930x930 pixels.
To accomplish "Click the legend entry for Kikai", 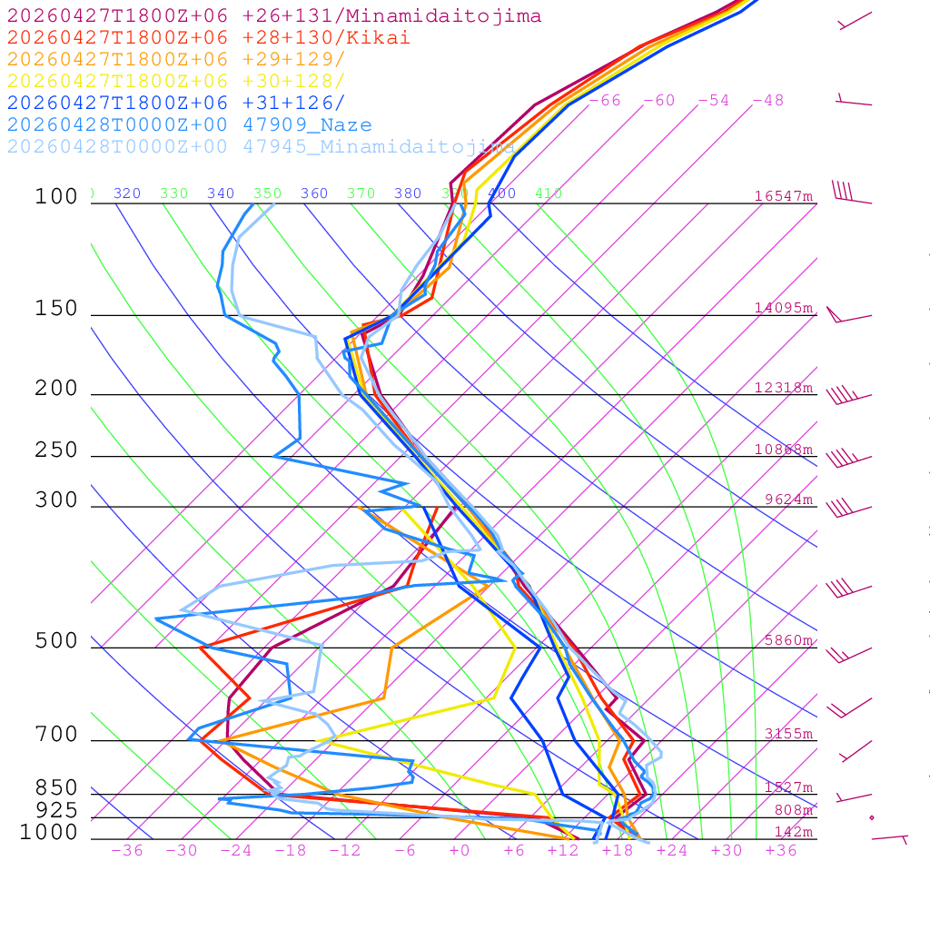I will [x=208, y=38].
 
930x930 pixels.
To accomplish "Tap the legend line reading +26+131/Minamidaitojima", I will [x=274, y=16].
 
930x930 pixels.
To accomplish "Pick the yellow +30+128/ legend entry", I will [x=176, y=82].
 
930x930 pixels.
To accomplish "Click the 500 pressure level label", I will [x=56, y=641].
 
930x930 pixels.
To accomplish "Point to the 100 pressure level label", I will [x=56, y=197].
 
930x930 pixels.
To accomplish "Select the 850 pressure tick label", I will [x=56, y=788].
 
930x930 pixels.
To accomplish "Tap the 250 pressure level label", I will [x=56, y=450].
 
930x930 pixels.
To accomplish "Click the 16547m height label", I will [x=783, y=196].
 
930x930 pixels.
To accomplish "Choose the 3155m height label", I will [x=787, y=734].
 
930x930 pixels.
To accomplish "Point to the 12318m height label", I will [x=783, y=388].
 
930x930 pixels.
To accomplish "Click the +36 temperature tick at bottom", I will [x=781, y=850].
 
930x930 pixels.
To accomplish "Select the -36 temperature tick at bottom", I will [x=127, y=850].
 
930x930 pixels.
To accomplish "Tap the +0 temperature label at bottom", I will [x=460, y=850].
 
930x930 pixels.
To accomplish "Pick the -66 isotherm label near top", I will [x=605, y=101].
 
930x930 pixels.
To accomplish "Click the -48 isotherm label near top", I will [x=767, y=101].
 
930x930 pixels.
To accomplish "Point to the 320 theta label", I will [x=127, y=193].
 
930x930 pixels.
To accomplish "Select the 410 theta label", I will [x=549, y=193].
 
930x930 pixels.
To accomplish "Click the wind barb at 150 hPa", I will [x=848, y=316].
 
